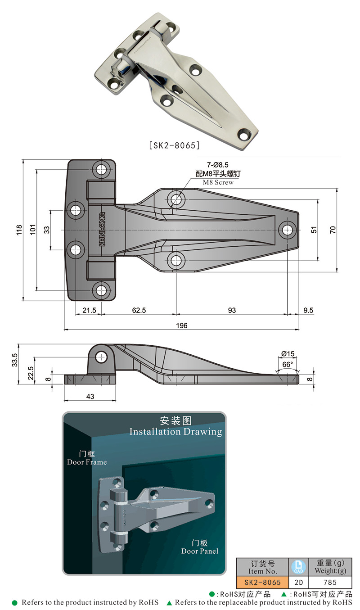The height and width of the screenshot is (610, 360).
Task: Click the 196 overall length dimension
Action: point(181,325)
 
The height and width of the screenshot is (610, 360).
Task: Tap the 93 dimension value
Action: point(231,311)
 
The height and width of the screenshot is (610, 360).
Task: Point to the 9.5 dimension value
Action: point(309,311)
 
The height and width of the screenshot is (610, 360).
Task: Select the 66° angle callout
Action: point(288,364)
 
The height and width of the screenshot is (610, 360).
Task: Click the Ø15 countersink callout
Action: point(288,353)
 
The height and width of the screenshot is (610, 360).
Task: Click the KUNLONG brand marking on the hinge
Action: point(102,230)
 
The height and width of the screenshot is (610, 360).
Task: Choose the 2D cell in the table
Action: point(298,582)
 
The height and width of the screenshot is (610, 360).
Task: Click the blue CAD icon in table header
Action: point(298,567)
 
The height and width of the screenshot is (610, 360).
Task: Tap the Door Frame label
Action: point(87,458)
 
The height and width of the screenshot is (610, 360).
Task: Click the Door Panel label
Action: point(199,547)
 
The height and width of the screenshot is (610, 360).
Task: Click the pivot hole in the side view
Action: point(102,357)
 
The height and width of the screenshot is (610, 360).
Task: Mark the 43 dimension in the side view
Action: point(90,396)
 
